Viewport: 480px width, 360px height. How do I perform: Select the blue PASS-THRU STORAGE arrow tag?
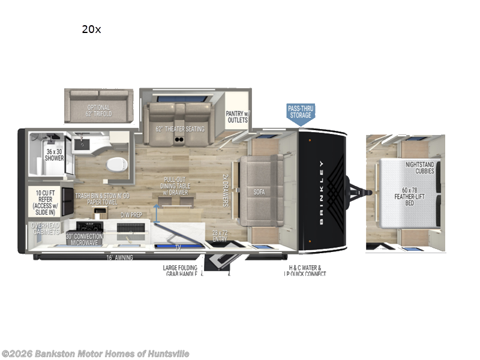(x=301, y=112)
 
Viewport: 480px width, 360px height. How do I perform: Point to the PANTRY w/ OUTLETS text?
(x=237, y=116)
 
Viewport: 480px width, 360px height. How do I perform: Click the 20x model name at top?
(x=91, y=29)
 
